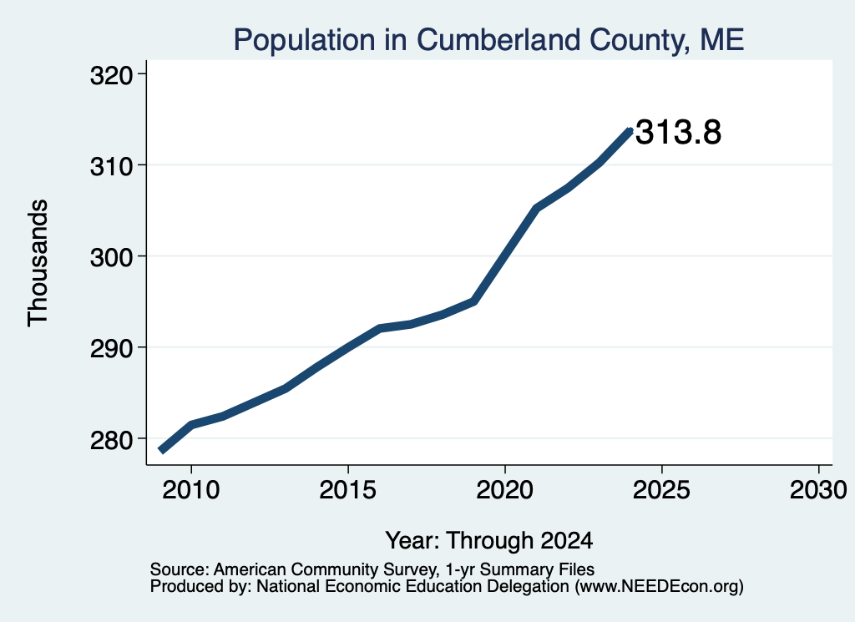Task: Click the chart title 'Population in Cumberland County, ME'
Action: (x=488, y=40)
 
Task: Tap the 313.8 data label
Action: (x=678, y=133)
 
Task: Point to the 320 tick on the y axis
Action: (x=112, y=76)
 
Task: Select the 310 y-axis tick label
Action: (x=112, y=167)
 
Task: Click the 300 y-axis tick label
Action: (x=112, y=258)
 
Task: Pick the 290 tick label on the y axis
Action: (x=112, y=349)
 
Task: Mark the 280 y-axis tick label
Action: (x=112, y=440)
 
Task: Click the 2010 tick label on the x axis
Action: (x=191, y=489)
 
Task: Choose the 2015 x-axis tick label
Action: (x=348, y=489)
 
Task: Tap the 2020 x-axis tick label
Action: (x=505, y=489)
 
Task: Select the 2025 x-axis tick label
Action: (x=661, y=489)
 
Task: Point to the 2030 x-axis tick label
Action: (x=818, y=489)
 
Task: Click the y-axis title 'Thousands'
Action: (x=38, y=263)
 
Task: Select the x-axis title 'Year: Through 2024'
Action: (x=489, y=541)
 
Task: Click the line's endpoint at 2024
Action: (x=630, y=131)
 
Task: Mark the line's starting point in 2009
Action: (x=161, y=450)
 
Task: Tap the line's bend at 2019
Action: (x=475, y=301)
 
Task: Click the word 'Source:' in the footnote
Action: (x=180, y=569)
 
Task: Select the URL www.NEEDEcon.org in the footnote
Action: (x=659, y=586)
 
